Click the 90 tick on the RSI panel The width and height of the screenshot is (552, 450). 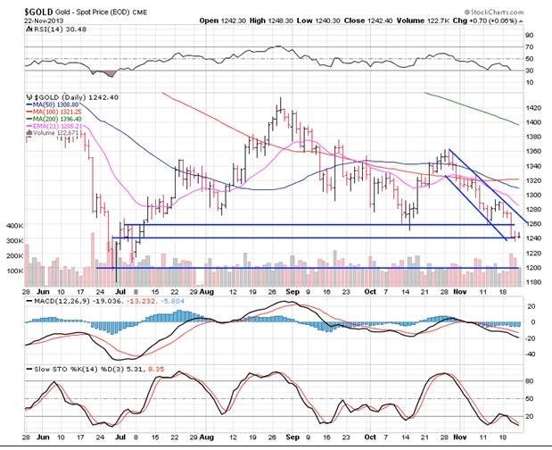point(529,35)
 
